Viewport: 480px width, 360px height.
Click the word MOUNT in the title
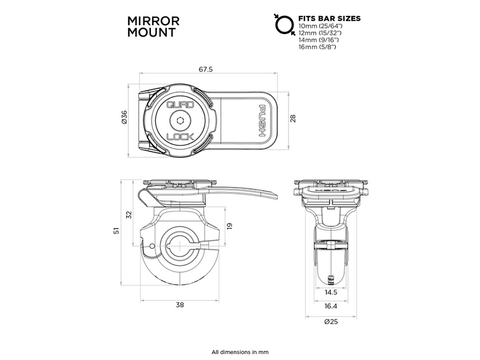(x=145, y=33)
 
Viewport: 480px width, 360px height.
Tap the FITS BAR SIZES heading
(x=329, y=19)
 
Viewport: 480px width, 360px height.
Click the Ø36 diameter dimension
(x=124, y=117)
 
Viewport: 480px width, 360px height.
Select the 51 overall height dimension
(x=116, y=232)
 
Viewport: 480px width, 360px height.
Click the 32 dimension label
(x=129, y=215)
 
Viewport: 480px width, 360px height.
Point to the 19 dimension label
(x=229, y=225)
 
